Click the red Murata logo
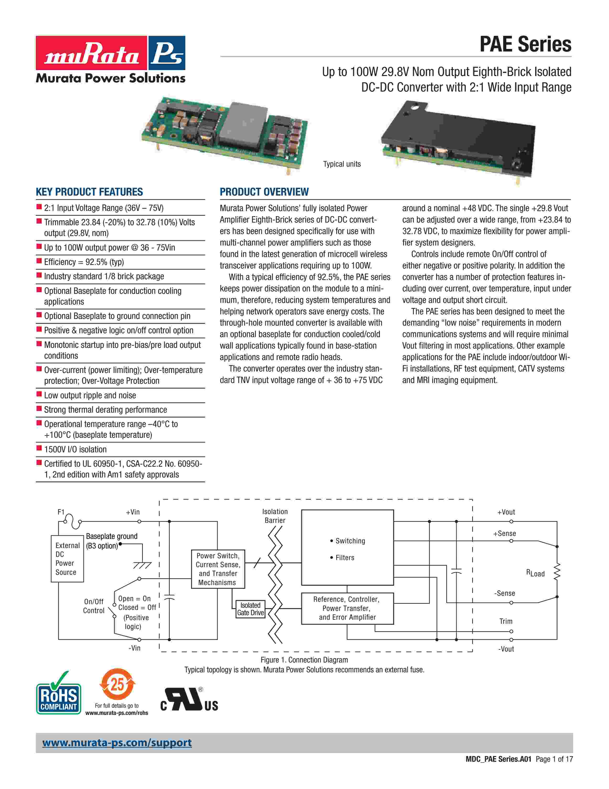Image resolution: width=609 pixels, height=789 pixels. point(91,53)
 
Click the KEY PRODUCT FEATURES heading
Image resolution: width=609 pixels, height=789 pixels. point(89,192)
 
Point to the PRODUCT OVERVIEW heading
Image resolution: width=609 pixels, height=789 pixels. point(264,192)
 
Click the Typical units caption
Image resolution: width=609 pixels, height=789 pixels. point(342,164)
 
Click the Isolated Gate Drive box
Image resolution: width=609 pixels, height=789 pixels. point(250,609)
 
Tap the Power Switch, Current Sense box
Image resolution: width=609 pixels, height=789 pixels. point(218,569)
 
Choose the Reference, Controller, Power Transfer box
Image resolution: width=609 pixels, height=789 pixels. point(347,608)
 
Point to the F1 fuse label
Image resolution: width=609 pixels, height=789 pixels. point(61,512)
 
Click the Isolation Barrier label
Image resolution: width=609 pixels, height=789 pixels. point(275,516)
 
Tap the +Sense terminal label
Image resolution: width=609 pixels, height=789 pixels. point(504,534)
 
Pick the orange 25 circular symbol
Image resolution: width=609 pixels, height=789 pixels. point(117,685)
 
